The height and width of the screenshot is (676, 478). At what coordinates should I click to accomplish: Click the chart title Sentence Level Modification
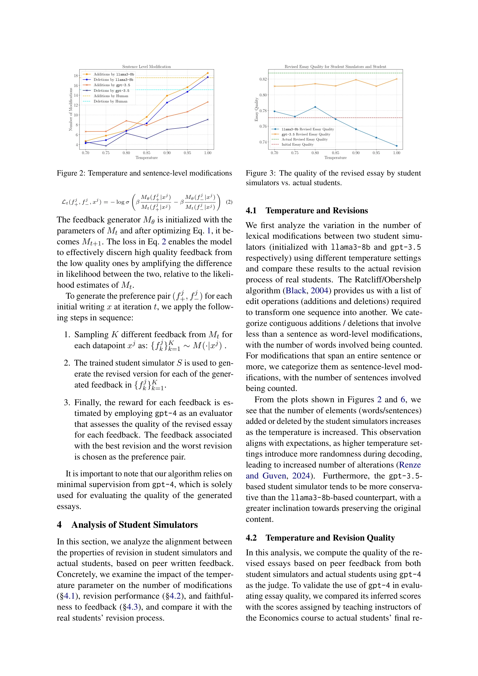(x=146, y=67)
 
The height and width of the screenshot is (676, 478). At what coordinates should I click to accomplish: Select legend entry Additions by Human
(x=111, y=96)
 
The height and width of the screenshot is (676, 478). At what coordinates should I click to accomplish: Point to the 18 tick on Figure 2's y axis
(x=76, y=76)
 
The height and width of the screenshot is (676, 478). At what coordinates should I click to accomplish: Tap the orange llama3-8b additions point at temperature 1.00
(x=208, y=73)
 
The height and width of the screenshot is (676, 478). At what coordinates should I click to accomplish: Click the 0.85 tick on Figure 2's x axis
(x=146, y=153)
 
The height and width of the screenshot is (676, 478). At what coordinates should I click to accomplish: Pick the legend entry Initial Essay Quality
(x=297, y=145)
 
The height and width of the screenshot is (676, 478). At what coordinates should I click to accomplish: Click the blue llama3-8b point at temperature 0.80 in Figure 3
(x=315, y=107)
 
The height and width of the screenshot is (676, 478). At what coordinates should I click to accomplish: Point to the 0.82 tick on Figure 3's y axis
(x=263, y=79)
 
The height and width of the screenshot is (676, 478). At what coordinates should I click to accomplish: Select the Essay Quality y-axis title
(x=256, y=109)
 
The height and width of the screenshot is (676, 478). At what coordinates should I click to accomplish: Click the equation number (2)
(x=229, y=202)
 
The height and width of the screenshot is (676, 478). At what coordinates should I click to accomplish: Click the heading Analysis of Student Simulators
(x=134, y=525)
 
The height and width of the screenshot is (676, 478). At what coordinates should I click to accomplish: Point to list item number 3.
(x=67, y=402)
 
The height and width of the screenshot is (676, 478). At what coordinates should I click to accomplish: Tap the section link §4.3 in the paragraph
(x=130, y=607)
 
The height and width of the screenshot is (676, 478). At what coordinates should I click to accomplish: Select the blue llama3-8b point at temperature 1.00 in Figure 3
(x=396, y=146)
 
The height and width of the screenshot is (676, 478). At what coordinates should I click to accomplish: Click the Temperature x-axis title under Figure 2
(x=146, y=158)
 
